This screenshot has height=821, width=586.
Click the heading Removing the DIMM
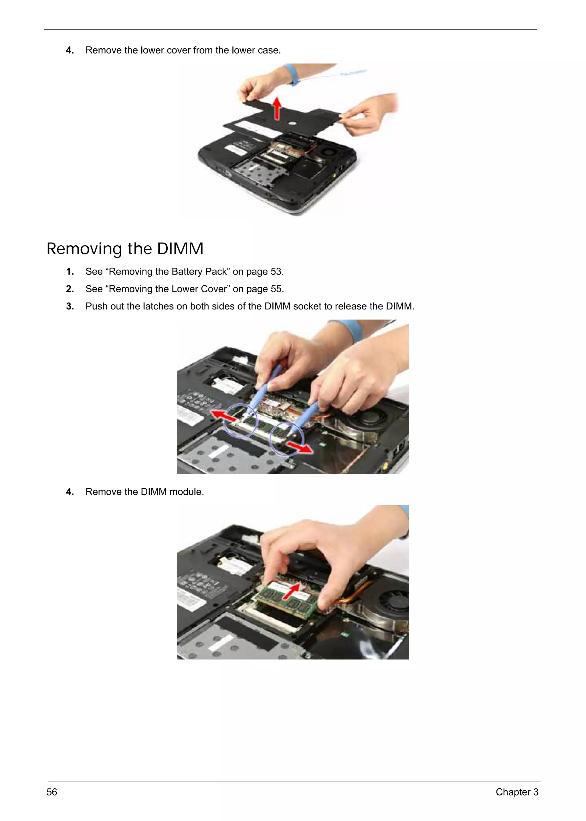coord(125,249)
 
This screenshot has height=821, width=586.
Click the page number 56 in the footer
coord(52,792)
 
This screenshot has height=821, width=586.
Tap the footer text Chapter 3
coord(517,792)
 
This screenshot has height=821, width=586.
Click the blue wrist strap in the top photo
coord(292,74)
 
